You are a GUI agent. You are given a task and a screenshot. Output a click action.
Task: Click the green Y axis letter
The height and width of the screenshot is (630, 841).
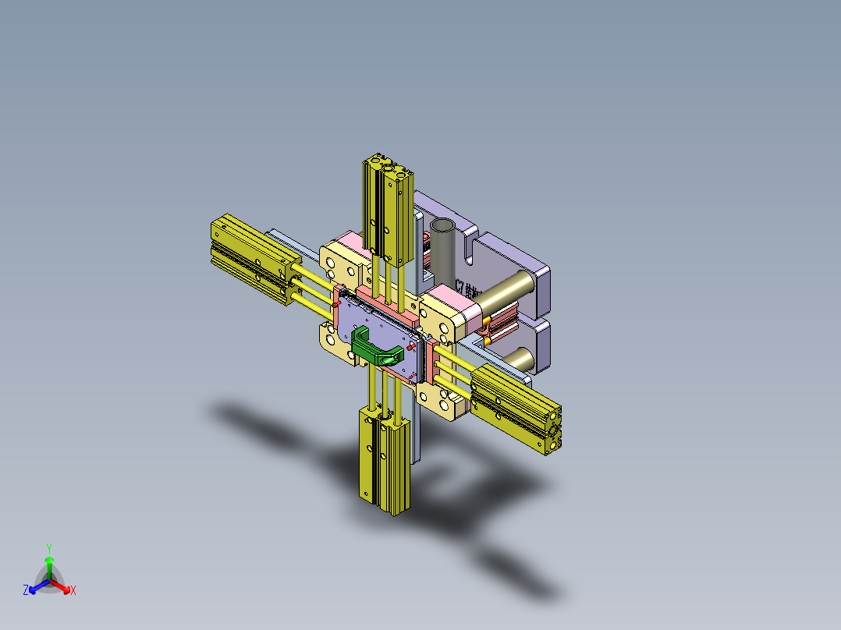(48, 548)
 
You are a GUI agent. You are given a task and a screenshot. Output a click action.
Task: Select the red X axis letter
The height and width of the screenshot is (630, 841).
(73, 591)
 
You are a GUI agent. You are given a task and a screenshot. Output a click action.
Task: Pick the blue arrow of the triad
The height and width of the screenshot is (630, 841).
(34, 586)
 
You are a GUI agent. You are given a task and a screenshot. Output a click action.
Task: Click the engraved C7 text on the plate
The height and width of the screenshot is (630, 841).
(468, 288)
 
